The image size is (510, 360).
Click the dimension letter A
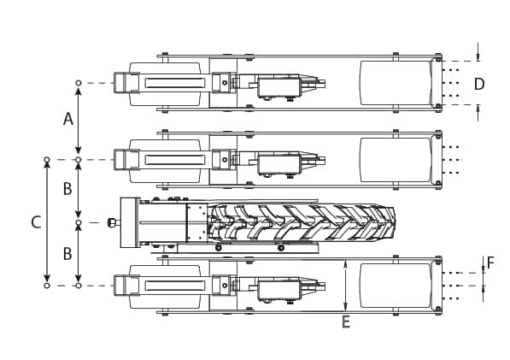click(x=68, y=119)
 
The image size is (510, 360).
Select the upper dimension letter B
click(x=67, y=189)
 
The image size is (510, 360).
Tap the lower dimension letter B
click(x=67, y=253)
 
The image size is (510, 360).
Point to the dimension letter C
click(x=35, y=222)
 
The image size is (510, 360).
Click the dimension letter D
click(x=479, y=83)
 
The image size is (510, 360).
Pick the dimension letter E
click(x=345, y=322)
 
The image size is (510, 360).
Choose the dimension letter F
click(x=490, y=263)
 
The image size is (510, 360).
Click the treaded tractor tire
click(x=303, y=222)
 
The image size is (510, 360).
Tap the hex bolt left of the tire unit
click(x=112, y=223)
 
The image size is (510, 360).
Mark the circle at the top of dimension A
click(x=79, y=83)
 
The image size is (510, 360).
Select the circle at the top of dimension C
click(x=47, y=160)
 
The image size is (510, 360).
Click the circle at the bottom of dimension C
click(x=47, y=286)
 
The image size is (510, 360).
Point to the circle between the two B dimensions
click(x=79, y=223)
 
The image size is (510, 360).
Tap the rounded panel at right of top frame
click(x=395, y=83)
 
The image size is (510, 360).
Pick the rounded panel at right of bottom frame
click(x=395, y=286)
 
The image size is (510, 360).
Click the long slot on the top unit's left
click(x=174, y=83)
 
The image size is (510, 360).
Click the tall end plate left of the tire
click(x=130, y=222)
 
